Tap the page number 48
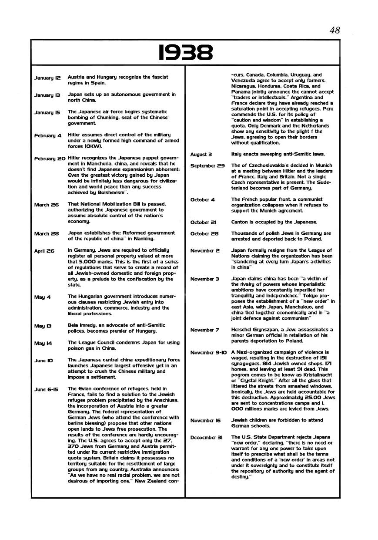(335, 30)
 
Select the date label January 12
(48, 78)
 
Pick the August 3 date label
(201, 155)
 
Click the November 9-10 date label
(209, 352)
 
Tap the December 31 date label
(207, 438)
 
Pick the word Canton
(240, 222)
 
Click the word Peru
(326, 109)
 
